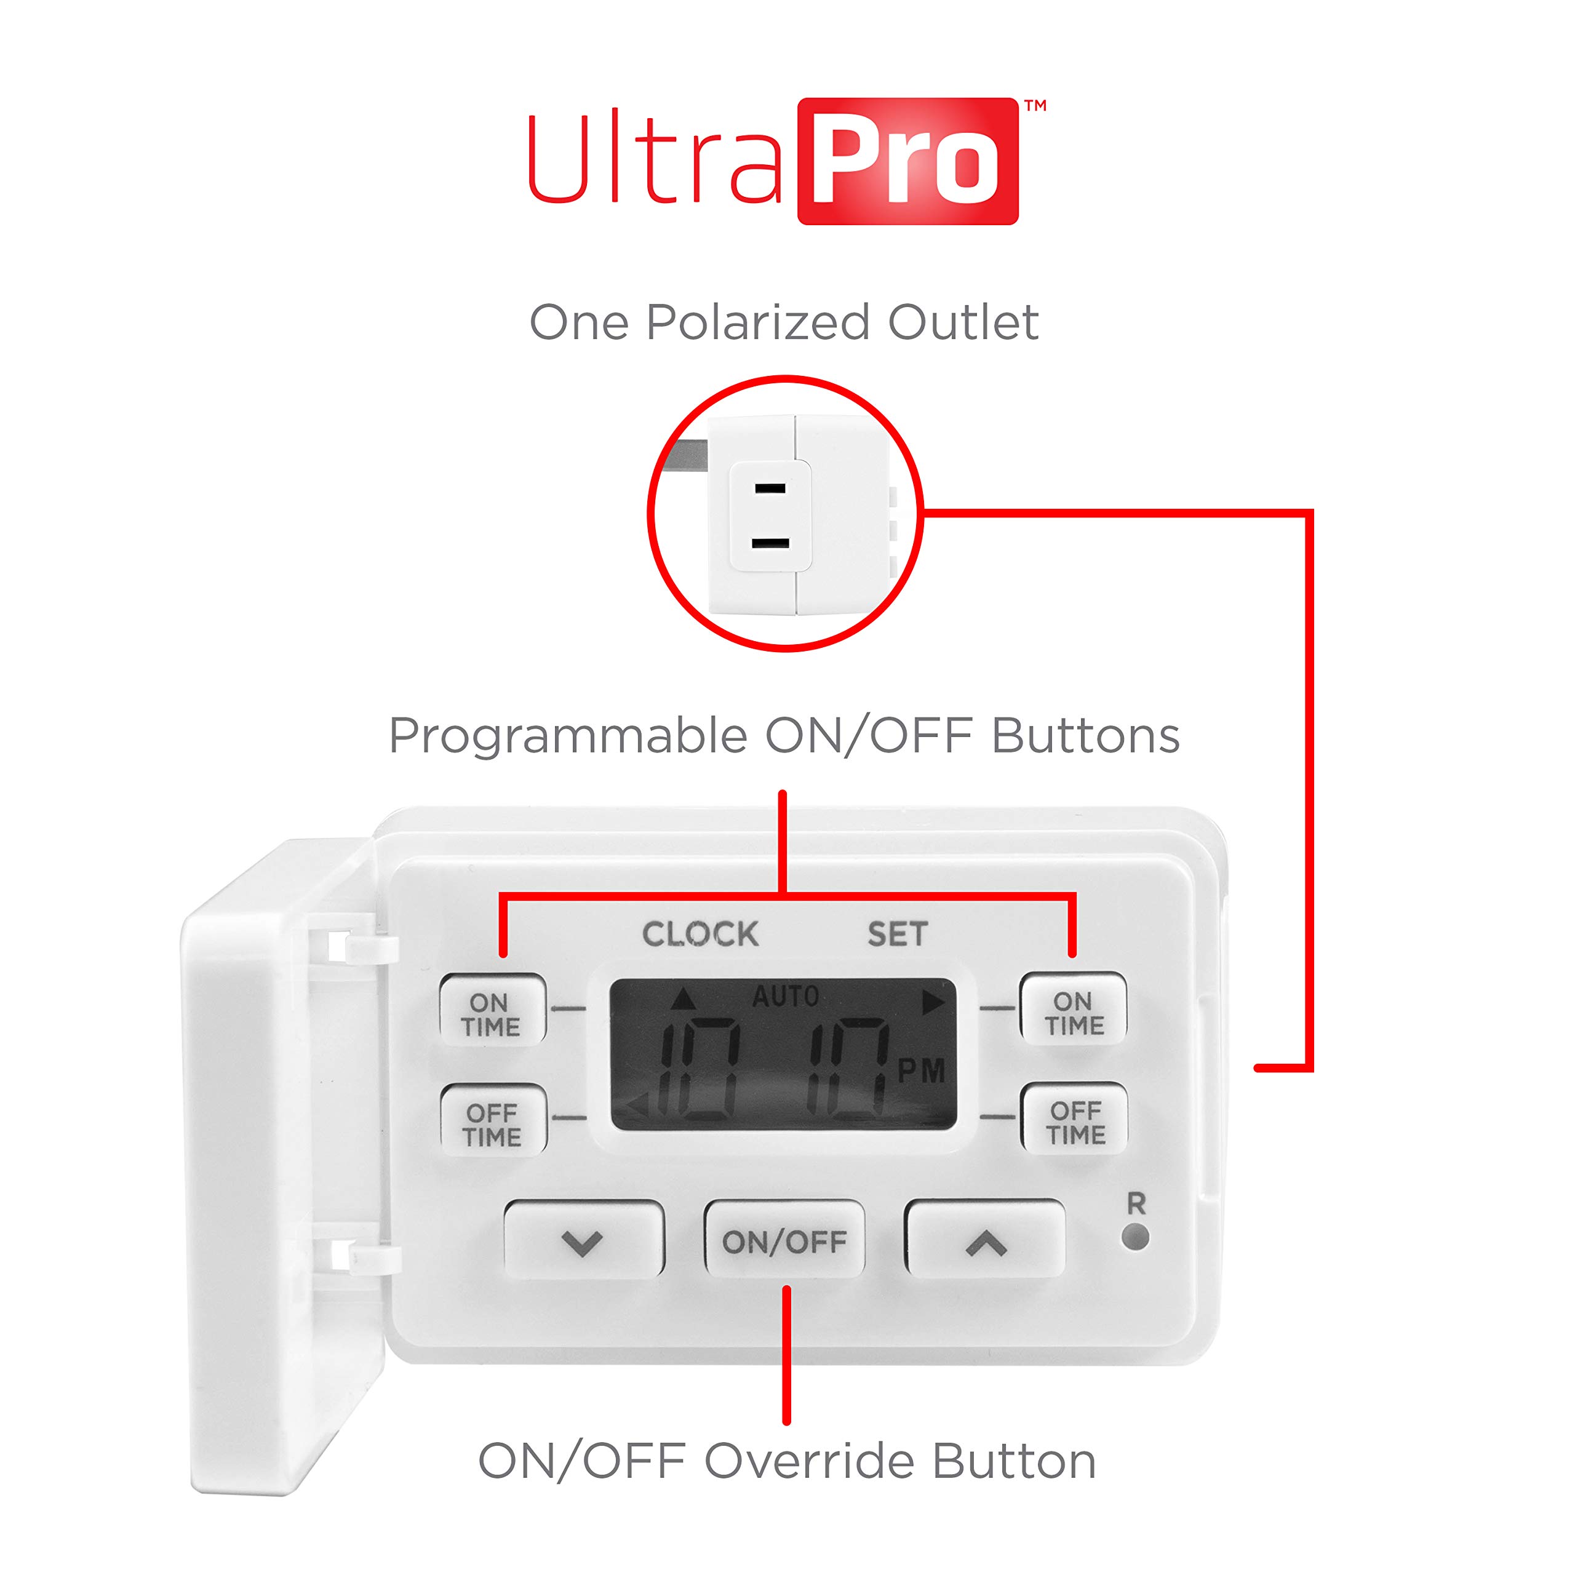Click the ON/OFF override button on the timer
coord(784,1240)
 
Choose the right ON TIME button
coord(1074,1009)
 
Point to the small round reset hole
coord(1136,1237)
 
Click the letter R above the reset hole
coord(1136,1203)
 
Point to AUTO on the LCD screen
coord(785,996)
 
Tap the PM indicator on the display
coord(921,1071)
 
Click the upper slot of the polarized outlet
coord(770,489)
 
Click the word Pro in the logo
coord(906,163)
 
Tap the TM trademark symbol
coord(1035,105)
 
